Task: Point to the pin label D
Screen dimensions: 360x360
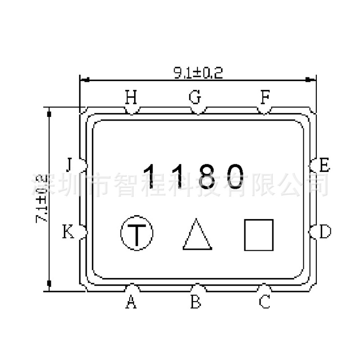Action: point(325,232)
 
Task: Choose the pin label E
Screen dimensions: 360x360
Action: point(324,166)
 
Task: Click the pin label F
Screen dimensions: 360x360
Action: point(265,97)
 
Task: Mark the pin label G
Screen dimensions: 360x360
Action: point(195,97)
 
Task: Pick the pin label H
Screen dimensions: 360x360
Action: point(131,97)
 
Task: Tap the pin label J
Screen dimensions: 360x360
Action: point(68,166)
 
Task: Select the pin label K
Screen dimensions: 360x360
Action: point(68,233)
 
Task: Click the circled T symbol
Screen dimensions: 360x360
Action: point(137,233)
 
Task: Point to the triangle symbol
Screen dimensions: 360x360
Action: point(197,234)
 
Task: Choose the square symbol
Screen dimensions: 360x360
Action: point(259,234)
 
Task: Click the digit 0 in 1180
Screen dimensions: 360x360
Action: point(236,175)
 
